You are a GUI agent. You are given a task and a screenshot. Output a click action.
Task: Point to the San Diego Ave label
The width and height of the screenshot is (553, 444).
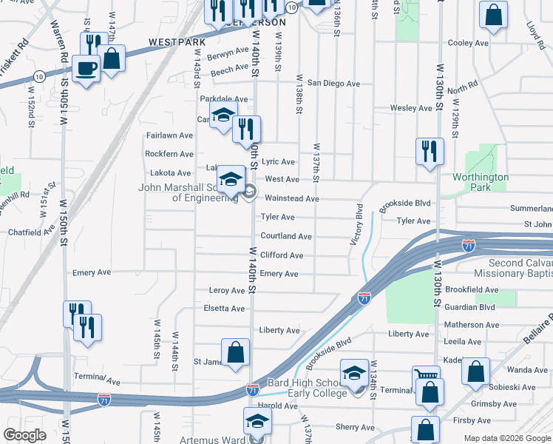333,84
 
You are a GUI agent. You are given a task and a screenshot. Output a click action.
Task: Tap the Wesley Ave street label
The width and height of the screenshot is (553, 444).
411,108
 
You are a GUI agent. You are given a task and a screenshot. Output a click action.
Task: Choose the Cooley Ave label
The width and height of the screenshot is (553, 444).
468,43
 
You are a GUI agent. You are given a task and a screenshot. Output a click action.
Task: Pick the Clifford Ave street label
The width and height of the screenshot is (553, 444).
282,255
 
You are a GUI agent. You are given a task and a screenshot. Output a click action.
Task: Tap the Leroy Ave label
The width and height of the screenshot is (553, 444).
227,291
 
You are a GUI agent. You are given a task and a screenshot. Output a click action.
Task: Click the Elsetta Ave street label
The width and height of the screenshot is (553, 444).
225,309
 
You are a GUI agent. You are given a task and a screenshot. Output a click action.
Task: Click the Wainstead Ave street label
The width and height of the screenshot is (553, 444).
292,198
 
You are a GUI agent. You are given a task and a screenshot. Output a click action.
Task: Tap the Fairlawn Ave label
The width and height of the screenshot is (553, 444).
169,135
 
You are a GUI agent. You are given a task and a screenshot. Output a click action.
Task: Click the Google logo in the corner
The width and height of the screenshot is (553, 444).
24,435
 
